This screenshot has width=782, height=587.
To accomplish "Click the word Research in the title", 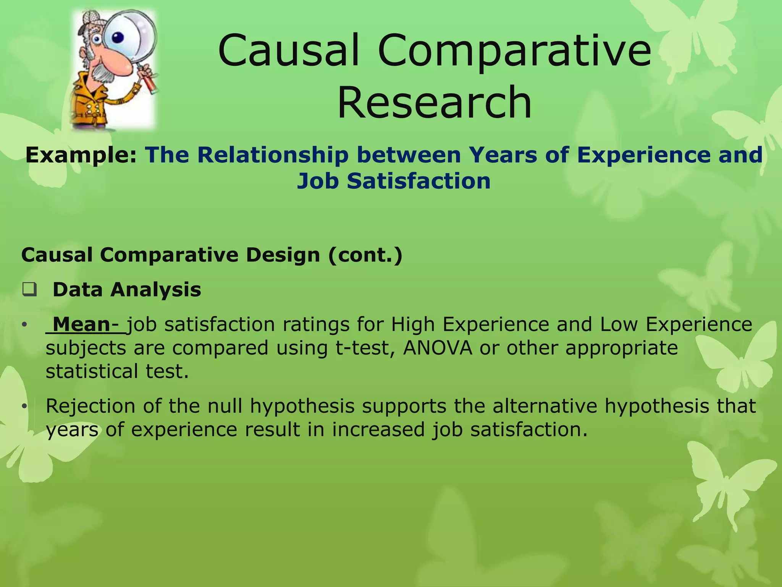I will pos(435,102).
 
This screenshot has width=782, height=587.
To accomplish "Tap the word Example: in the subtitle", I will pos(81,155).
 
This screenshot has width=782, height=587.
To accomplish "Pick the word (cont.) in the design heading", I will pos(365,255).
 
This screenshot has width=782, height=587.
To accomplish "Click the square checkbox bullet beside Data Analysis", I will pos(29,290).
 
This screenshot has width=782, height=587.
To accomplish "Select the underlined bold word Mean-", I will pos(86,324).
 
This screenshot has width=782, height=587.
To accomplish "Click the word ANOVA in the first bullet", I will pos(438,348).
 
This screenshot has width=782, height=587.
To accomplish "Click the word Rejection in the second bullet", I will pos(90,406).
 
